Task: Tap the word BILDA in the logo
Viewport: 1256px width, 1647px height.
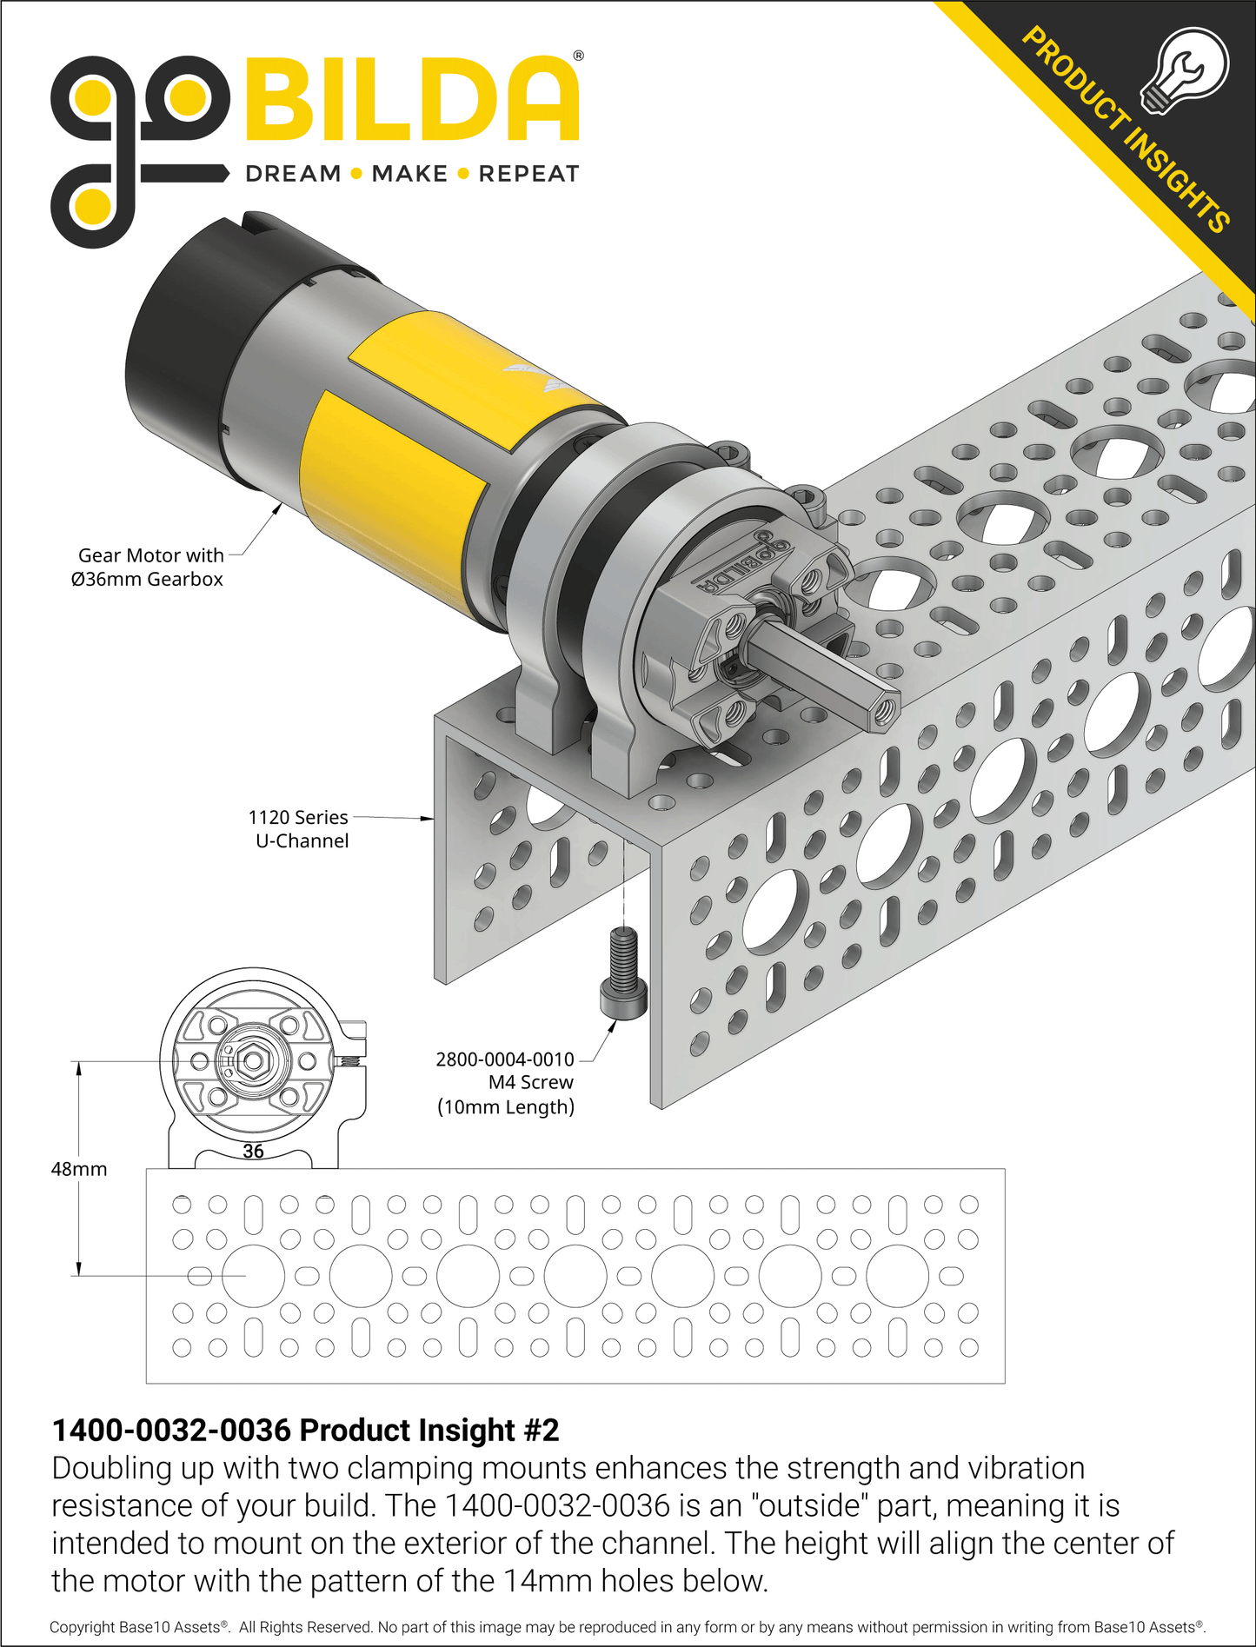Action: coord(412,100)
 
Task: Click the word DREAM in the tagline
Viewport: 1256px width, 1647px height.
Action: coord(293,174)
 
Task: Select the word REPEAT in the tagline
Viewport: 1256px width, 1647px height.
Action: coord(528,174)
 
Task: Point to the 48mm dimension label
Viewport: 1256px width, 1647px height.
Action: coord(79,1169)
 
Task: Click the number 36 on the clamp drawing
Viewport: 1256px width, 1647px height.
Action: coord(253,1152)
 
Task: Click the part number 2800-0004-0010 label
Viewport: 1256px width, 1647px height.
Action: coord(505,1059)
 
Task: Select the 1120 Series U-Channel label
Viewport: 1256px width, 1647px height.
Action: coord(299,829)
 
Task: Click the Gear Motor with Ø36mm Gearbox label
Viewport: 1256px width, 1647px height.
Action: coord(150,567)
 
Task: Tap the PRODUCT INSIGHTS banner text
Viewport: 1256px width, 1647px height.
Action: coord(1125,130)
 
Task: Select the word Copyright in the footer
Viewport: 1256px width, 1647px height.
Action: coord(83,1627)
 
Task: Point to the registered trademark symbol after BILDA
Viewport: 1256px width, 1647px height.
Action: coord(578,56)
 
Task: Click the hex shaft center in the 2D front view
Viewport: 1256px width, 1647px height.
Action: coord(253,1061)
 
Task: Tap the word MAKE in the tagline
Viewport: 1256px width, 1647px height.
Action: coord(409,174)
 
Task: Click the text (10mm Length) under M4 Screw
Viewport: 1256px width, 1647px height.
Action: coord(506,1106)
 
